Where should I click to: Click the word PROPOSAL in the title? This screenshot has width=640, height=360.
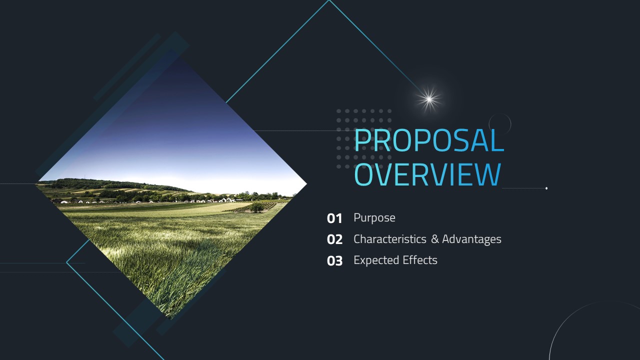tap(429, 140)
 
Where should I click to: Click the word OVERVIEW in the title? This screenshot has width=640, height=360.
tap(427, 174)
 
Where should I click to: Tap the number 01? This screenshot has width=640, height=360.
tap(334, 218)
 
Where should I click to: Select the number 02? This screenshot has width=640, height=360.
tap(334, 239)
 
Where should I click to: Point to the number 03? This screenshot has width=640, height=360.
tap(334, 261)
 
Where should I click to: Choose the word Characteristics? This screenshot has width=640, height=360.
tap(390, 239)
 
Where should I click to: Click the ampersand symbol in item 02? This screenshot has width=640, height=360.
tap(435, 239)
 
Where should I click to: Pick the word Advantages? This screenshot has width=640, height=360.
tap(471, 239)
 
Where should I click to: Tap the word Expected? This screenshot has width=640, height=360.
tap(376, 260)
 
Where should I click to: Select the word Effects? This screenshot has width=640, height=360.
tap(420, 260)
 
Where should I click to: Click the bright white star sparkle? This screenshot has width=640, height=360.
tap(429, 99)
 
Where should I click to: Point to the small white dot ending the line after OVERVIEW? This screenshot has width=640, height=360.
tap(546, 188)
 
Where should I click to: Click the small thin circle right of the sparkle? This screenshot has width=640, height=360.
tap(499, 113)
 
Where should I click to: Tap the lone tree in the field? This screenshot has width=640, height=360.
tap(256, 207)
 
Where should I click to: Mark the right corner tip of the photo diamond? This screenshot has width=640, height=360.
tap(307, 184)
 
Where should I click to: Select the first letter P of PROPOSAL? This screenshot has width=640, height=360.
tap(361, 140)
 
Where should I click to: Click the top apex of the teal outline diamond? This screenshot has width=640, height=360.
tap(329, 0)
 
